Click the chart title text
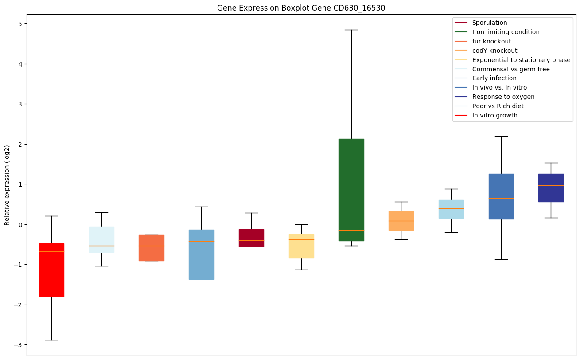(297, 8)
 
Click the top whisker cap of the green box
(351, 30)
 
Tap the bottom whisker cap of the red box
(51, 340)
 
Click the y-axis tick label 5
(20, 23)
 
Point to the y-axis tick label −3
(18, 344)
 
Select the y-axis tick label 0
(20, 224)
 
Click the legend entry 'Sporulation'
(489, 23)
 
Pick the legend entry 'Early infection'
(494, 78)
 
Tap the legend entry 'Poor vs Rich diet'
(498, 106)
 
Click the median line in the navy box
(551, 185)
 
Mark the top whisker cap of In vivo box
(501, 136)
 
